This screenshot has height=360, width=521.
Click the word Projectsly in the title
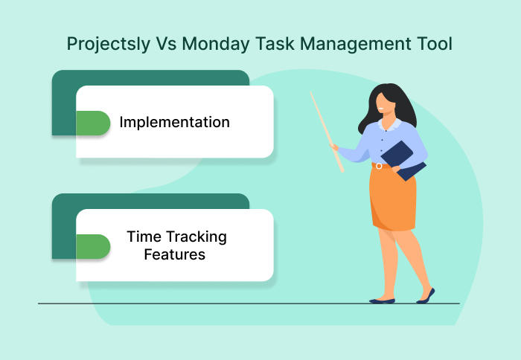coord(106,45)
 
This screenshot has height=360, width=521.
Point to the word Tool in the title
coord(432,45)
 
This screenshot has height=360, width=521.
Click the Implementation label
coord(174,122)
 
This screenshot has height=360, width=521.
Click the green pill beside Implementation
coord(93,123)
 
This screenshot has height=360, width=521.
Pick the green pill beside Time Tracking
coord(93,246)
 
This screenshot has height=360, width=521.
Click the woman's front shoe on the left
coord(382,300)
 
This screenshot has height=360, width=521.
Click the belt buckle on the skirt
coord(379,166)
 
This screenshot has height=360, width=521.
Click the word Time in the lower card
coord(142,237)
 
